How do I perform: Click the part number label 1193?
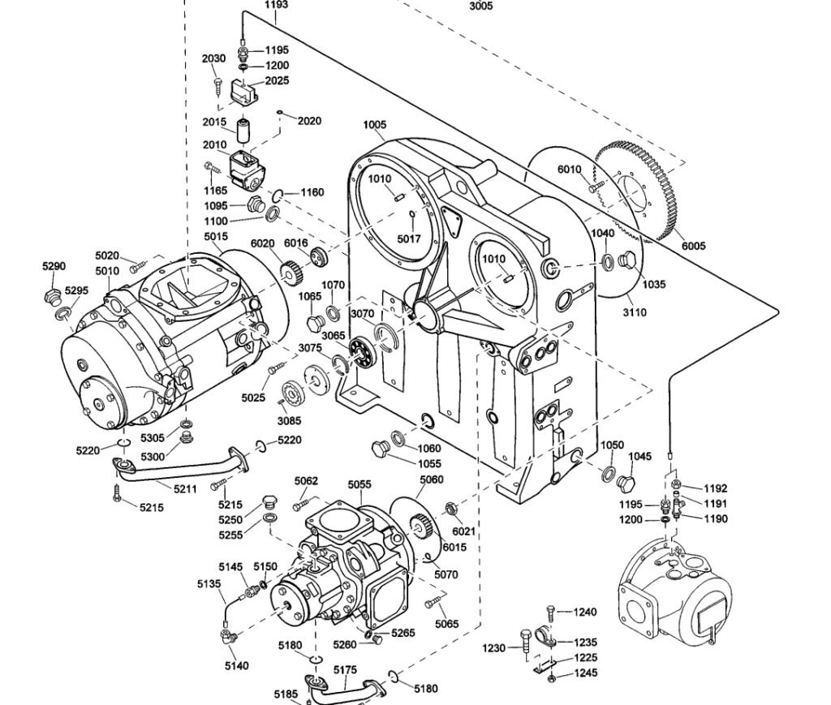pos(277,5)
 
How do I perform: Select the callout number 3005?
pos(480,6)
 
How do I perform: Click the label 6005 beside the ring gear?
pos(694,246)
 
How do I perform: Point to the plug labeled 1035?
pos(626,261)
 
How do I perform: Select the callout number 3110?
pos(635,312)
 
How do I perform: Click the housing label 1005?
pos(375,125)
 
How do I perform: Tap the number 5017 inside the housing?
pos(409,239)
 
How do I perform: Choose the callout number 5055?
pos(360,484)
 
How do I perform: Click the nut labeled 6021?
pos(449,511)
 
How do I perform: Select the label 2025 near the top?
pos(276,81)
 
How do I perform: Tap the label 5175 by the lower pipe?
pos(345,669)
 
